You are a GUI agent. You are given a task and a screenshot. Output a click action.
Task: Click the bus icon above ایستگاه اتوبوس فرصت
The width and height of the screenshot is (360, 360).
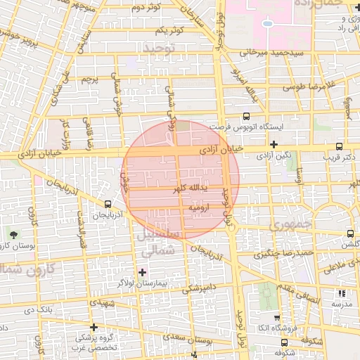[246, 117]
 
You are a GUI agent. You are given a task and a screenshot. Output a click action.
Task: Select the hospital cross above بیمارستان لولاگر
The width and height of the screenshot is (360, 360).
[143, 271]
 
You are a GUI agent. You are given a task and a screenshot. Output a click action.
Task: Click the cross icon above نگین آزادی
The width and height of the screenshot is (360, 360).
[274, 145]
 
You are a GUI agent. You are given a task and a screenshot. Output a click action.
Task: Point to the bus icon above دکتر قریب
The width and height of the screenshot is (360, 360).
[340, 147]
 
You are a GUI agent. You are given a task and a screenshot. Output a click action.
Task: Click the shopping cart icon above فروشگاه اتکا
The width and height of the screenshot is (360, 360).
[276, 318]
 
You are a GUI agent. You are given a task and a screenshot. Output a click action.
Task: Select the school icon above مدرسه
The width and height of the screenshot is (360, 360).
[341, 293]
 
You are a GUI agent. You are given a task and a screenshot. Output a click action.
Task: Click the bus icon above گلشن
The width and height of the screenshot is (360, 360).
[350, 233]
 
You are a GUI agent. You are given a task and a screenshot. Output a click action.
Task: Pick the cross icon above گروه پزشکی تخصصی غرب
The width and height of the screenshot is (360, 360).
[94, 328]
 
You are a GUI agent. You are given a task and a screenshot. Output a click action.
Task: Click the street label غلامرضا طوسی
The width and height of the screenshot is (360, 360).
[311, 87]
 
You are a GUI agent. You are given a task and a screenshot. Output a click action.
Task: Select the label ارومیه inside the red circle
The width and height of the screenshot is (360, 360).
[198, 209]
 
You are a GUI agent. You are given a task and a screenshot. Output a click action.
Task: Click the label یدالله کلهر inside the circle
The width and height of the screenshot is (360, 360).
[194, 188]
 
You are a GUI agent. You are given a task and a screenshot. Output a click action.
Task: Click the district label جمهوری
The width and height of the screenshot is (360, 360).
[288, 226]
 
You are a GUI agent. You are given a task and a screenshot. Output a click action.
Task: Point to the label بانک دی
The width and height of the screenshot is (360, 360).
[38, 309]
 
